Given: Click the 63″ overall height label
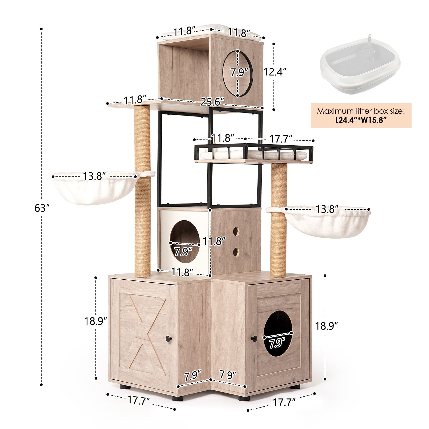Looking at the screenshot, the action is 42,208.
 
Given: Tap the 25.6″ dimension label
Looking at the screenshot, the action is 212,102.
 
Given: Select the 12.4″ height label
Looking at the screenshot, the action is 275,72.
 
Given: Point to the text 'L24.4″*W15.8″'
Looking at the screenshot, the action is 361,120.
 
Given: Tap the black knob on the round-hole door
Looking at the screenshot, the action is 254,338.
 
